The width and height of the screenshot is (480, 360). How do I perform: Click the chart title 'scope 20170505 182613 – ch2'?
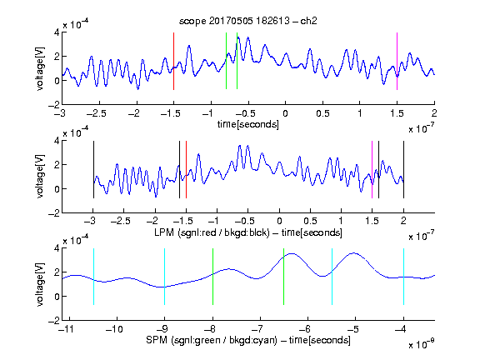(x=248, y=21)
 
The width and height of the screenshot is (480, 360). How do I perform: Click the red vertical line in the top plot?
(x=173, y=61)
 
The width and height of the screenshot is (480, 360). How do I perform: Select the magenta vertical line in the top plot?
(x=397, y=61)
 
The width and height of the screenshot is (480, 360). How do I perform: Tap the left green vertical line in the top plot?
(x=226, y=61)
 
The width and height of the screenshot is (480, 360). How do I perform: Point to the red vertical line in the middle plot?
(x=186, y=170)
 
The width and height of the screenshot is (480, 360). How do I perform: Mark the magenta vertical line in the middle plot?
(x=372, y=170)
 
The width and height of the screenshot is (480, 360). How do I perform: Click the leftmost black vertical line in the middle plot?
(x=93, y=170)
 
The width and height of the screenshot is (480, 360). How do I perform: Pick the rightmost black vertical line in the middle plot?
(x=403, y=170)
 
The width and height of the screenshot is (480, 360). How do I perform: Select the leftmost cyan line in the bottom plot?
(x=93, y=277)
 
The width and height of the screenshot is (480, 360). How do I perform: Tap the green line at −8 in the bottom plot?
(x=212, y=277)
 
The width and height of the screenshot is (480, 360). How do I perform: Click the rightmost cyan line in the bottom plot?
(x=403, y=277)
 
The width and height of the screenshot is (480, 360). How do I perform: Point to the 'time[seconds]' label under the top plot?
(x=248, y=124)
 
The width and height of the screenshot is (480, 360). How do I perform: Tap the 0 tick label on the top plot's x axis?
(x=285, y=113)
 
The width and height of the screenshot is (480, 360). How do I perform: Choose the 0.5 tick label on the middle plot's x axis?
(x=310, y=221)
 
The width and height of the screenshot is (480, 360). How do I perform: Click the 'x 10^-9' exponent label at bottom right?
(x=422, y=344)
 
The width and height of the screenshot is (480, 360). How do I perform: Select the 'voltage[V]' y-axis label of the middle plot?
(x=40, y=177)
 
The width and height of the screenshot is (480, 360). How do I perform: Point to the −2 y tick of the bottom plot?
(x=54, y=321)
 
